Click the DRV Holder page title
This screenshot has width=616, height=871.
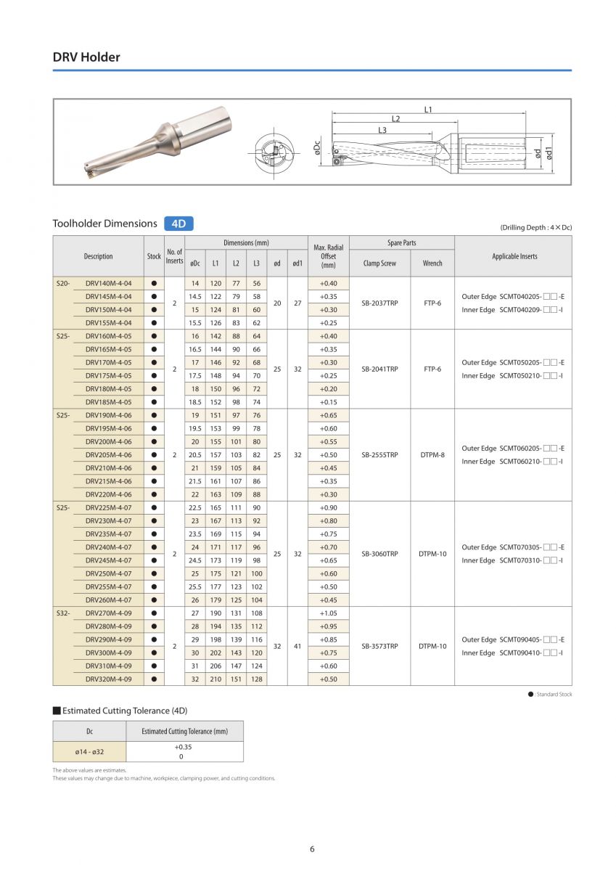point(86,57)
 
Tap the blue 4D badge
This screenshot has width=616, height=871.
point(178,224)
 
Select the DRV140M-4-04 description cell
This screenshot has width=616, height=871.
point(108,283)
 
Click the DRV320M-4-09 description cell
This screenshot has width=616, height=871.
point(108,679)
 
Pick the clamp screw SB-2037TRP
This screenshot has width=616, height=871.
point(379,303)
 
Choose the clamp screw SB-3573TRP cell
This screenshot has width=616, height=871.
point(379,646)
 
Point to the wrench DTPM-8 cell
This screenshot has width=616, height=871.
point(432,455)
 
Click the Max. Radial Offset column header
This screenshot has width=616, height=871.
point(328,256)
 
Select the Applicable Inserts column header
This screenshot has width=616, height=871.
point(514,256)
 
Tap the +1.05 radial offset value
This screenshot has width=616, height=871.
point(328,613)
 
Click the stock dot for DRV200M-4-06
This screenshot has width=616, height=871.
point(154,441)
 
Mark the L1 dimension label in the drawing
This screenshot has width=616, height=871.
point(428,110)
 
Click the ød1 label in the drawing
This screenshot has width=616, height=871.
point(549,153)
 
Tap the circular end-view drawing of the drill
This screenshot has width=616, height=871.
point(274,152)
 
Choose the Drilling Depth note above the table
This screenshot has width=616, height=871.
point(535,227)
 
